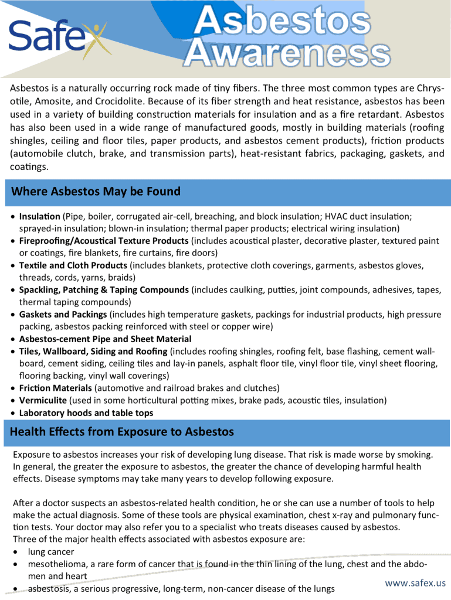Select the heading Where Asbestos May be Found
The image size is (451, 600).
pyautogui.click(x=96, y=192)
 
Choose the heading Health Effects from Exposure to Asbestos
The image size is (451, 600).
pyautogui.click(x=122, y=432)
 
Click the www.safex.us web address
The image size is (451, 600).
pyautogui.click(x=415, y=583)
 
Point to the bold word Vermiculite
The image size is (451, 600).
pyautogui.click(x=43, y=400)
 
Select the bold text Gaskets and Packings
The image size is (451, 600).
pyautogui.click(x=63, y=314)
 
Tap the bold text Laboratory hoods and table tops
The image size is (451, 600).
pyautogui.click(x=86, y=412)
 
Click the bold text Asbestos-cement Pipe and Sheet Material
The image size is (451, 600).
pyautogui.click(x=105, y=339)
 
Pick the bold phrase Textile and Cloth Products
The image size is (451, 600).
pyautogui.click(x=73, y=265)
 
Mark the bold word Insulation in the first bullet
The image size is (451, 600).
pyautogui.click(x=40, y=216)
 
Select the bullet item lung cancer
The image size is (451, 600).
pyautogui.click(x=51, y=552)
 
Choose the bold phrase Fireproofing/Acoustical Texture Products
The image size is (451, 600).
pyautogui.click(x=104, y=241)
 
